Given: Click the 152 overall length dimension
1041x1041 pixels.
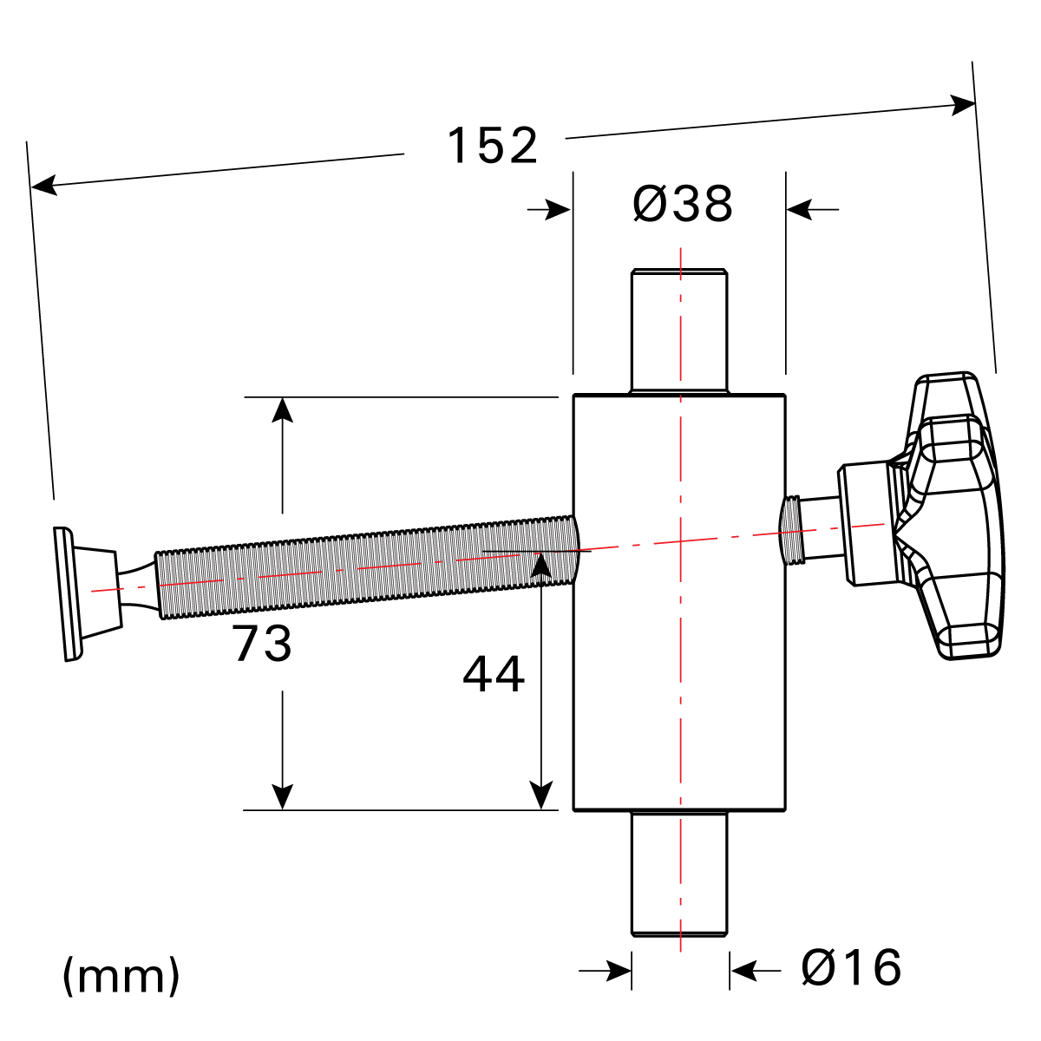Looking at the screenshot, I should tap(492, 146).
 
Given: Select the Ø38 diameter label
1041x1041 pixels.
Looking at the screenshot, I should tap(683, 205).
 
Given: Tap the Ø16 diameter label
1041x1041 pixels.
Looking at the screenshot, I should tap(851, 967).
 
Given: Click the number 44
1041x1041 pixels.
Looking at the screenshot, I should tap(494, 675).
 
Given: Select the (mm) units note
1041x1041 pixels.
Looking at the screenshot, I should tap(121, 976).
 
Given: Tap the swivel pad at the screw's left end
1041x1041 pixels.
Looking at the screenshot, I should tap(78, 592).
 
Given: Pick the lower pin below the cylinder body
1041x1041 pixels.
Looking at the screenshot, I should tap(678, 874).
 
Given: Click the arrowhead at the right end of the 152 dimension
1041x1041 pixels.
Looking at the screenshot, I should tap(964, 105).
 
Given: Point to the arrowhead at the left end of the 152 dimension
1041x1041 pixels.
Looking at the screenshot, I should tap(43, 185).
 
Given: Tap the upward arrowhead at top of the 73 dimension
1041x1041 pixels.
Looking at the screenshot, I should tap(282, 409).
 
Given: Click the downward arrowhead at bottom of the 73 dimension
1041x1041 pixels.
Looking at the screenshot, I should tap(282, 797).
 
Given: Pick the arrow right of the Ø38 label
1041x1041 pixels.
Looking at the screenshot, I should tap(800, 209).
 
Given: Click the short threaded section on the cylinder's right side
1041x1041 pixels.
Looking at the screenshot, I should tap(792, 529).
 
